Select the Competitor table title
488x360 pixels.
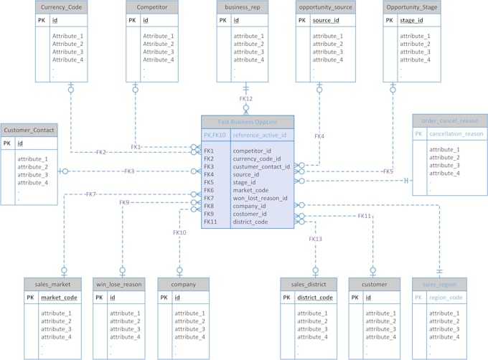coord(151,6)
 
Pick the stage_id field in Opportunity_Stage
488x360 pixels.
coord(410,21)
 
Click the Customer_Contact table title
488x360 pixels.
coord(29,129)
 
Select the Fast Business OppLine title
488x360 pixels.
coord(247,121)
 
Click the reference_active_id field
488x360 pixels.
coord(259,135)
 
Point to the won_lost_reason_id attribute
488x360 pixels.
coord(259,198)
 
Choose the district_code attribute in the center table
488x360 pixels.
coord(250,222)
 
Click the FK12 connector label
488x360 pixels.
coord(246,98)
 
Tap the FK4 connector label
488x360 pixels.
coord(319,136)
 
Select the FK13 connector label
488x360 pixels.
coord(316,239)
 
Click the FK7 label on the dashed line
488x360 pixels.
coord(90,194)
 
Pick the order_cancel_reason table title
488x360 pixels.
coord(449,120)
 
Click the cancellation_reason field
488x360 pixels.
coord(455,134)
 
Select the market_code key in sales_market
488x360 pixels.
coord(60,298)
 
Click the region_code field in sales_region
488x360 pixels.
coord(446,298)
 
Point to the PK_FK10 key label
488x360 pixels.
coord(215,135)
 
